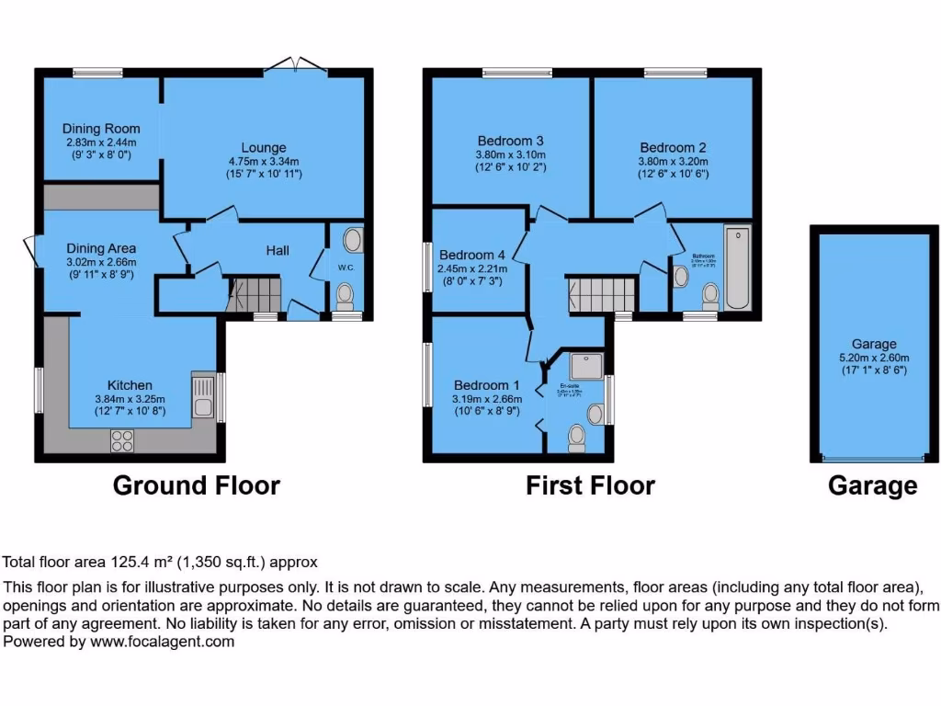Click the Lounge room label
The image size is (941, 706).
[264, 148]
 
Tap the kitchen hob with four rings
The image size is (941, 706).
[122, 441]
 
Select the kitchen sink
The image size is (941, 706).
[201, 396]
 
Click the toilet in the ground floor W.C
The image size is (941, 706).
[345, 295]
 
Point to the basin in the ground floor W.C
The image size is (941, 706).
[352, 242]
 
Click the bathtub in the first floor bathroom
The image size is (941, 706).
[738, 269]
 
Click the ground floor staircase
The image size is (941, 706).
[252, 296]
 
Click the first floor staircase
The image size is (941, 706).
[601, 295]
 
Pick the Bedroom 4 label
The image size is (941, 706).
[472, 255]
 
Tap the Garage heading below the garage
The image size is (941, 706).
[872, 485]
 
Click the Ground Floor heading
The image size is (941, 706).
[196, 485]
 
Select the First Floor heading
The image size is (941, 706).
[590, 485]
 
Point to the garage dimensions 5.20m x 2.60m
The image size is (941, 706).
[874, 359]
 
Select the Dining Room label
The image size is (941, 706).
[101, 129]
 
